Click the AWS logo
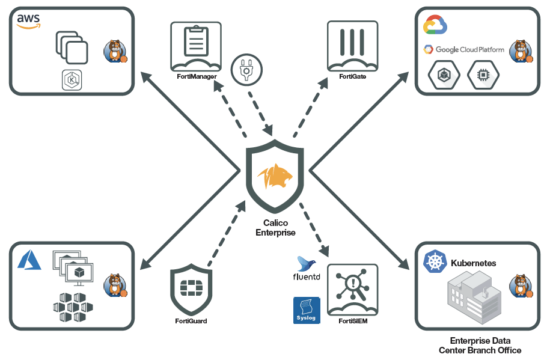[28, 22]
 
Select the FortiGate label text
[352, 77]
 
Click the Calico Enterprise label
[276, 228]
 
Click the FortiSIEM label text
[352, 321]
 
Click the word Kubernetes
[473, 263]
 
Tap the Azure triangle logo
[29, 260]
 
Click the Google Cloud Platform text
[471, 49]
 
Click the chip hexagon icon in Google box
[483, 75]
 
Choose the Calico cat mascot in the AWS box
[115, 51]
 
